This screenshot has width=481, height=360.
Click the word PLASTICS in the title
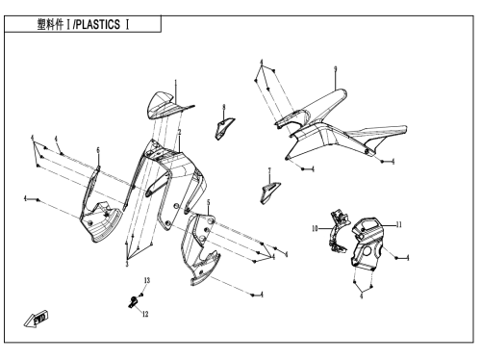[98, 24]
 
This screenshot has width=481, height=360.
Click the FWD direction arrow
[36, 319]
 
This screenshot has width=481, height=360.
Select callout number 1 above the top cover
[175, 83]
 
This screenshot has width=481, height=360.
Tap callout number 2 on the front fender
[180, 132]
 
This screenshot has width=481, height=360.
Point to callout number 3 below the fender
[127, 264]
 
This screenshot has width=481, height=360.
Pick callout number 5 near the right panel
[209, 202]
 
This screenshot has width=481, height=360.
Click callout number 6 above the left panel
[98, 150]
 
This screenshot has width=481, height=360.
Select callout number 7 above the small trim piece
[269, 170]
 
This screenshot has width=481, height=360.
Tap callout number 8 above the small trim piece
[224, 107]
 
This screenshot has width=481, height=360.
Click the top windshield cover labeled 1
[166, 106]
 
